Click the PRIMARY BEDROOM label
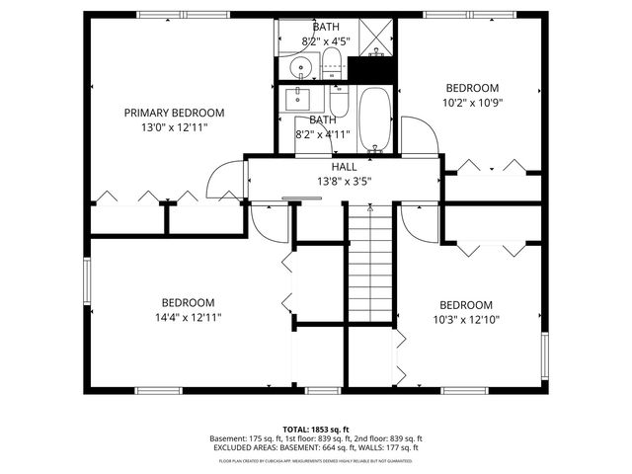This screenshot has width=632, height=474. (174, 113)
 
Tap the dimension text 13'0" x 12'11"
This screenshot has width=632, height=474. (174, 127)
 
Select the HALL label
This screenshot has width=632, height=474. (344, 167)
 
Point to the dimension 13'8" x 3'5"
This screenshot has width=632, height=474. (344, 182)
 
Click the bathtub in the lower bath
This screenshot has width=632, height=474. (374, 119)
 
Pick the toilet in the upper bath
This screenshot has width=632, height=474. (332, 66)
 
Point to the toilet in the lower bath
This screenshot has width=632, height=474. (339, 103)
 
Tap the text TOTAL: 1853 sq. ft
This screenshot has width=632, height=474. (316, 429)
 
